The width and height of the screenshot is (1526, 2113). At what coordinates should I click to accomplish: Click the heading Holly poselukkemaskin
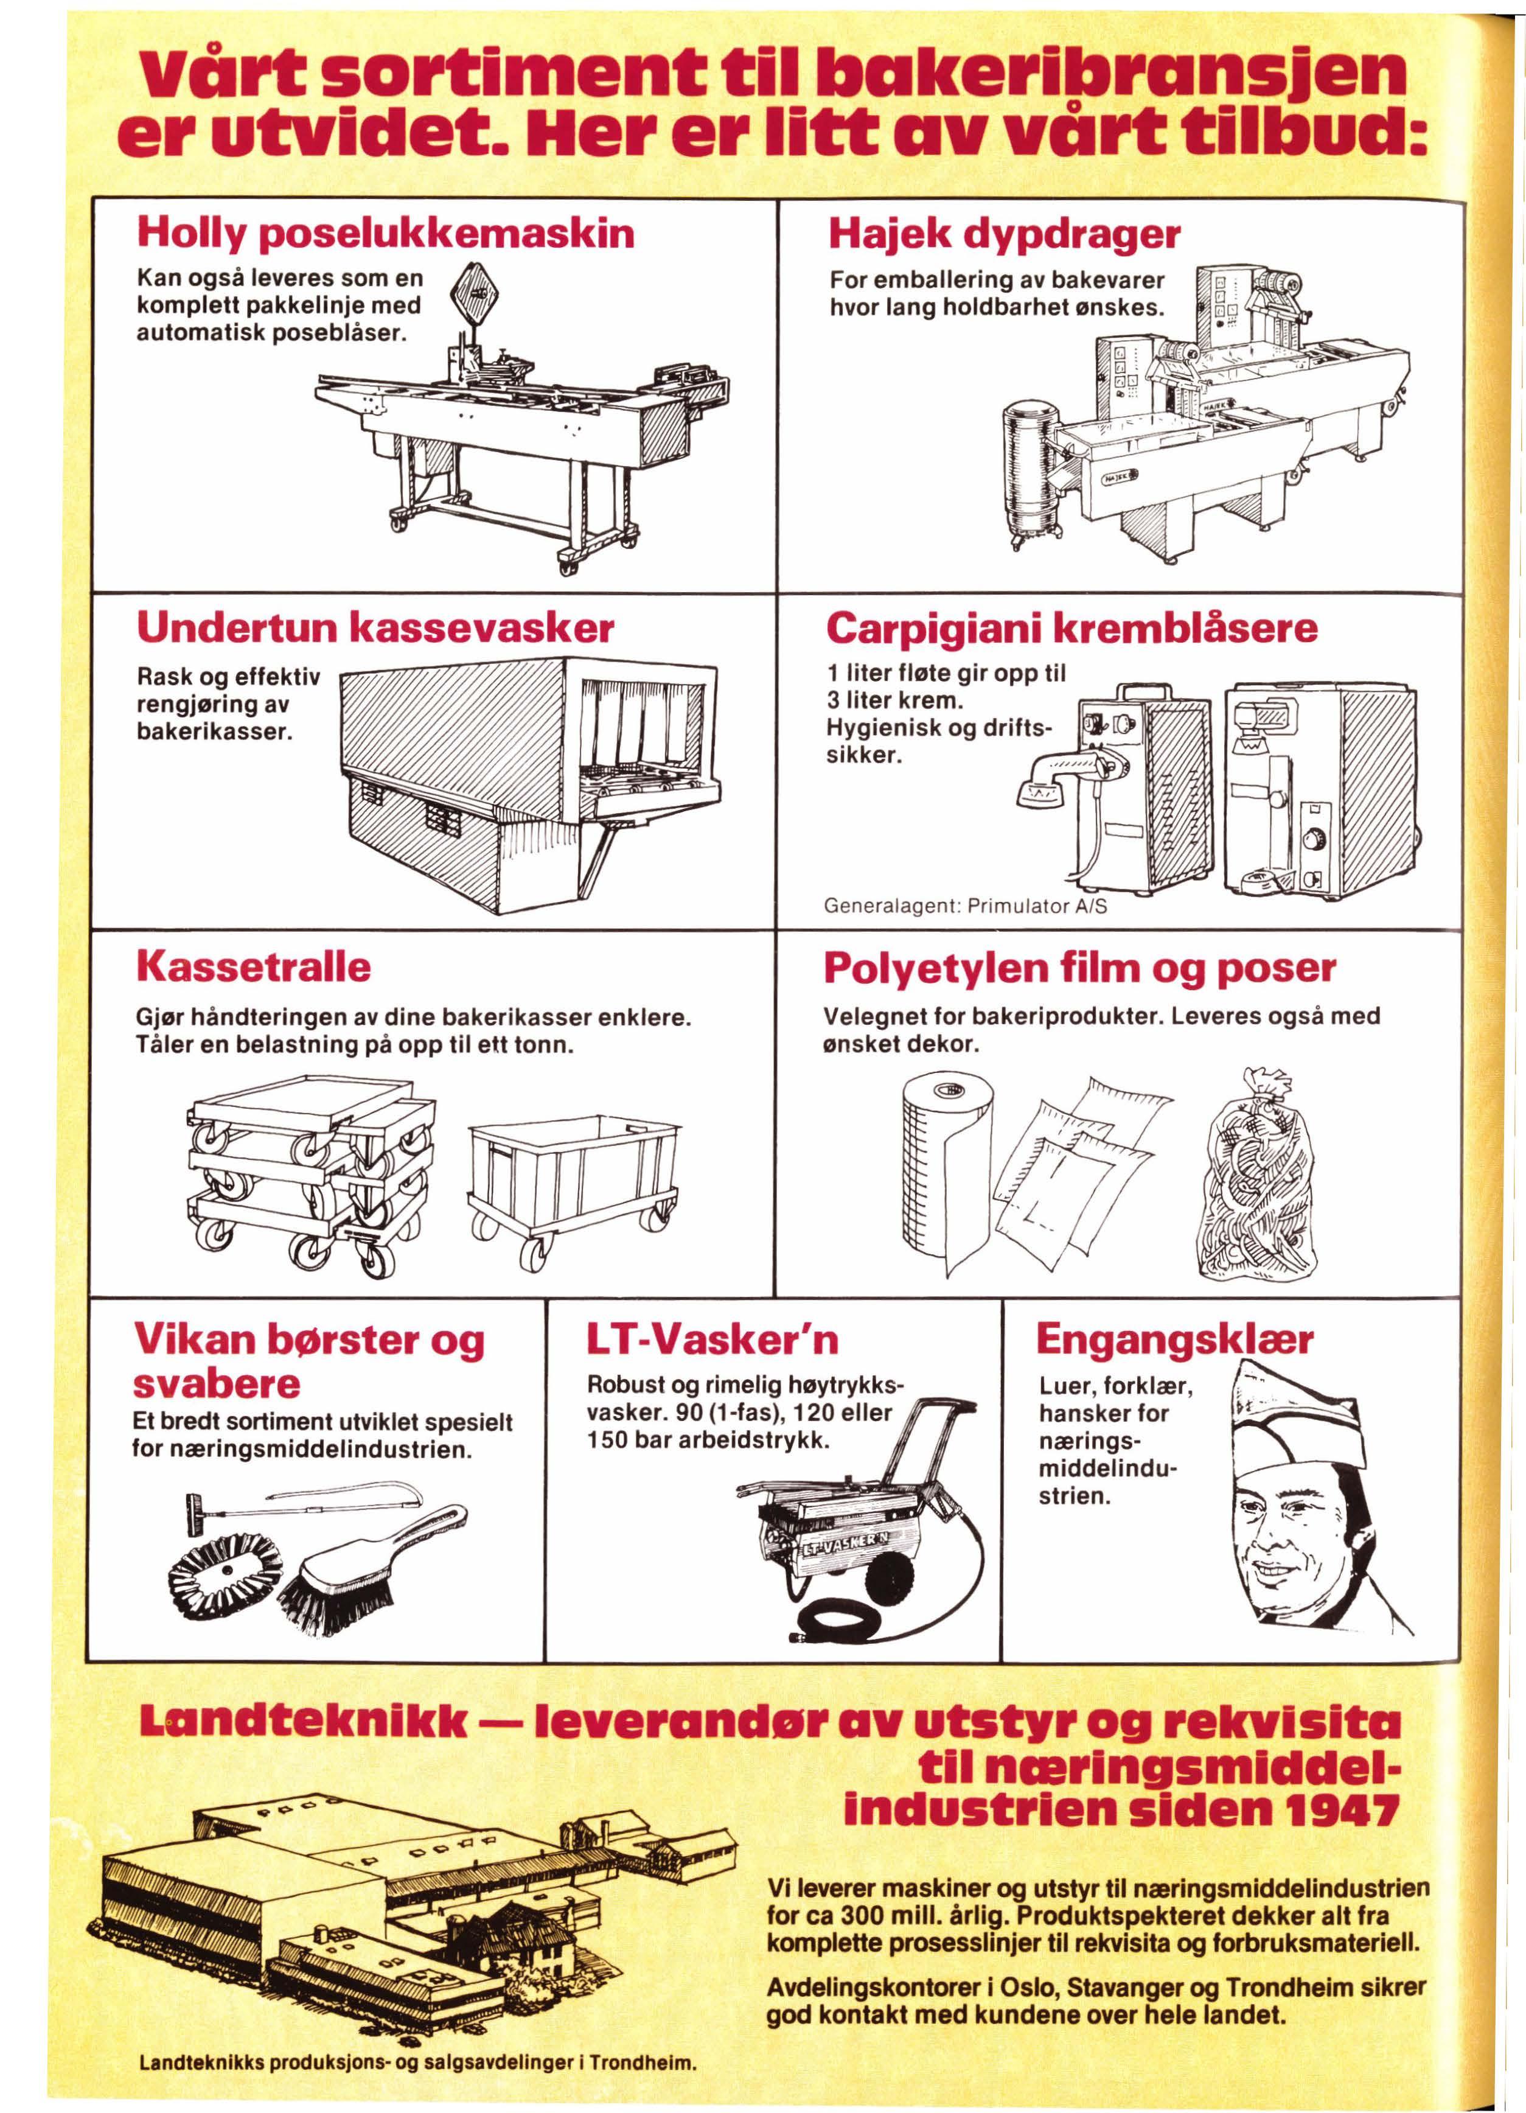(x=385, y=233)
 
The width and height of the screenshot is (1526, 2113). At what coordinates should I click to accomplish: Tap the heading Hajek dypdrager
(x=1003, y=233)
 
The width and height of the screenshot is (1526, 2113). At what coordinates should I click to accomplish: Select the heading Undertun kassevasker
(x=375, y=630)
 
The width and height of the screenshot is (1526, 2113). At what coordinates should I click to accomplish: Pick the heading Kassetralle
(x=253, y=967)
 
